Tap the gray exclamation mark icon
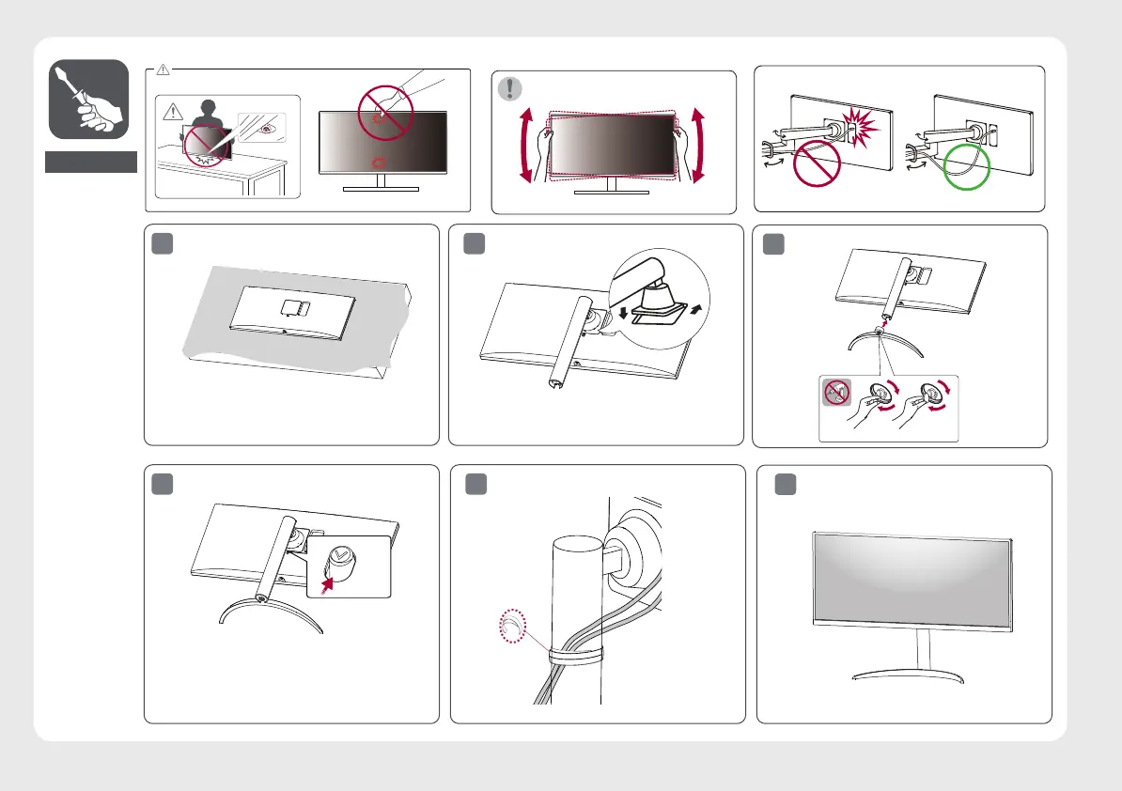[x=508, y=88]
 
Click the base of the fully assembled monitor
[x=911, y=675]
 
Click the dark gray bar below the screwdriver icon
[x=91, y=162]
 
